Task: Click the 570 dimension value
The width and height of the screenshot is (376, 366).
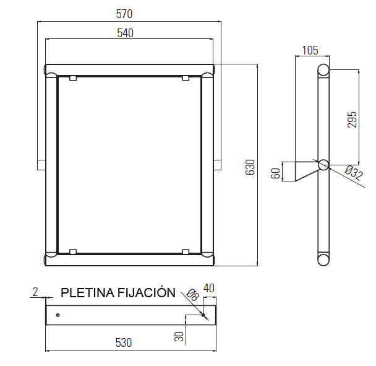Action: (x=124, y=14)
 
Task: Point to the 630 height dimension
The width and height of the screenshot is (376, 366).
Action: (x=250, y=167)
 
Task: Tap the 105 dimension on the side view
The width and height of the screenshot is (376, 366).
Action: (x=311, y=50)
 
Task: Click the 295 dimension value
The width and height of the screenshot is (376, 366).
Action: (x=352, y=120)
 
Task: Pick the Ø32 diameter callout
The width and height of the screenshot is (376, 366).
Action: (x=353, y=173)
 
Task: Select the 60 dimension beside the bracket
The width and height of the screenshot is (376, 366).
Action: (x=276, y=172)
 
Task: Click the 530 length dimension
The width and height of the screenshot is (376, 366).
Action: (x=126, y=342)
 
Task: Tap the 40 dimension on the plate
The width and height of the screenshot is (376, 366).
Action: (x=208, y=288)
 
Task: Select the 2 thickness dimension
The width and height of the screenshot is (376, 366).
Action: (x=35, y=292)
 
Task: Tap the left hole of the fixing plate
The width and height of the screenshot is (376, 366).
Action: (x=58, y=315)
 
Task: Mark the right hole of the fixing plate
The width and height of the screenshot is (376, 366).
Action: (x=204, y=315)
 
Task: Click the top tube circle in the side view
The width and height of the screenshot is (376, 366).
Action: (x=323, y=70)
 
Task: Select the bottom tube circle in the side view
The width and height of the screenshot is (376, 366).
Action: (x=323, y=259)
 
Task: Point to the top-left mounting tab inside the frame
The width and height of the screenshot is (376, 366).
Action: (x=73, y=78)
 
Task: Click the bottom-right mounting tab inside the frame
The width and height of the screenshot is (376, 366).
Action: (x=186, y=251)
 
